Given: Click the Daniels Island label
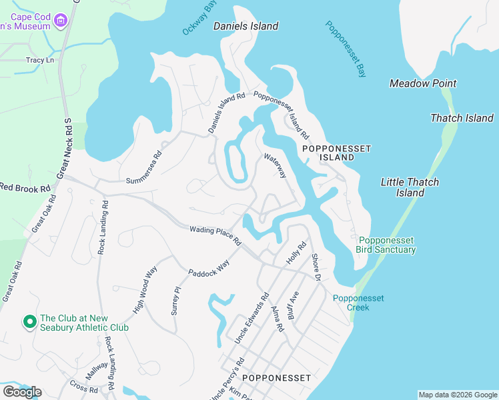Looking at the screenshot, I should point(245,27).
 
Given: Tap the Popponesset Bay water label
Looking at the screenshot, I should point(346,49).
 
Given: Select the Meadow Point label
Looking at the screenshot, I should point(423,83).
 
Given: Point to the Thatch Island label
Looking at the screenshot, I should point(462,118).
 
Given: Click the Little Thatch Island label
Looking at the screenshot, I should point(410,187).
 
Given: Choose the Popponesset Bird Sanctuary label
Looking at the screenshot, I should point(387,245).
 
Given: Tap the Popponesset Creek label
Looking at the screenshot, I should point(359,303).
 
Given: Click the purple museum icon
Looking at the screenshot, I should point(61,21).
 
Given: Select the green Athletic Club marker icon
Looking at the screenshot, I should point(29,322).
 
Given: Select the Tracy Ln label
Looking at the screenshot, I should point(40,60).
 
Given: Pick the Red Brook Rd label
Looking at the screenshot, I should point(25,188).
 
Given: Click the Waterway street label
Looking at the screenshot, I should point(275,166).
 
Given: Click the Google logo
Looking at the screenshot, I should point(22,392).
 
